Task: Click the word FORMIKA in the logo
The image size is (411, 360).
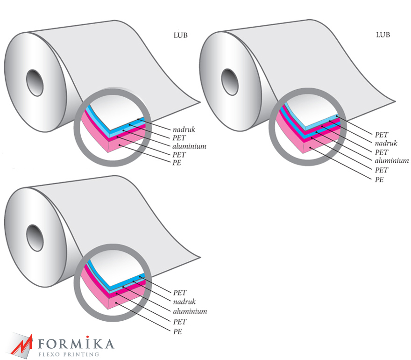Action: click(x=76, y=343)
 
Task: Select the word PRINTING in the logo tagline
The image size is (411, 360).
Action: click(x=81, y=354)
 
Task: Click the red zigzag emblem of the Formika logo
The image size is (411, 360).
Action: click(x=21, y=345)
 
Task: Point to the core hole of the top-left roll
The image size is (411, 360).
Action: click(x=35, y=83)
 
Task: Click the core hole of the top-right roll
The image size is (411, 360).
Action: click(x=230, y=82)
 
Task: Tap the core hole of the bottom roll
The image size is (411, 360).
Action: click(x=35, y=238)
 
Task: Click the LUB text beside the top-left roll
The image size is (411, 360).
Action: click(x=181, y=35)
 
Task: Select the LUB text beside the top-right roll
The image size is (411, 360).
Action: click(x=383, y=35)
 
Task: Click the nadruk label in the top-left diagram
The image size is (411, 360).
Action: click(x=184, y=130)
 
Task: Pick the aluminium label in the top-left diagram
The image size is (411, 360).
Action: click(x=189, y=146)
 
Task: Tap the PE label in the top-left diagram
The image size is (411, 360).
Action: click(x=177, y=163)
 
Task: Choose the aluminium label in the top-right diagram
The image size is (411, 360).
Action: click(x=391, y=160)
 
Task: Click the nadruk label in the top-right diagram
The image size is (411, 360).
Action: click(x=386, y=143)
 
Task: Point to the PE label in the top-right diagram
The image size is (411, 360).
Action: click(x=379, y=180)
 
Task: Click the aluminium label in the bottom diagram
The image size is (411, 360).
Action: click(x=190, y=311)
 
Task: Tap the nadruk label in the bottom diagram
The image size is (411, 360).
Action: click(x=184, y=302)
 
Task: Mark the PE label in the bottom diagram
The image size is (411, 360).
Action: click(x=177, y=331)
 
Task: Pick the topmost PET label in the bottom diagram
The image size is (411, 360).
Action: click(x=180, y=292)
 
